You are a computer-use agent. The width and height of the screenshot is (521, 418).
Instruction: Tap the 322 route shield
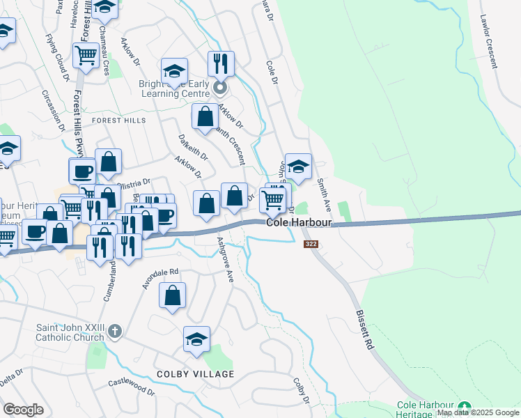[x=311, y=244]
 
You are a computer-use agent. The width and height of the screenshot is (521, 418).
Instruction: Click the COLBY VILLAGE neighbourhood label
[x=195, y=374]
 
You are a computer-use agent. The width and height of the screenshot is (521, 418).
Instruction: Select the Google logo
[x=23, y=409]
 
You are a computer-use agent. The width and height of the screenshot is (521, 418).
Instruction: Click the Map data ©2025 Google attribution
[x=478, y=413]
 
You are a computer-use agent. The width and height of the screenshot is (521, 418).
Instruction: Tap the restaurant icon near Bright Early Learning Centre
[x=221, y=64]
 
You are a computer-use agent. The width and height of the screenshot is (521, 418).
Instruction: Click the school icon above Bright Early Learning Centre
[x=174, y=71]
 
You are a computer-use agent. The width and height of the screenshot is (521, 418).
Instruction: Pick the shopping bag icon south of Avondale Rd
[x=172, y=295]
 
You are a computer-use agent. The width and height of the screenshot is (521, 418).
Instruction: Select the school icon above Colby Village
[x=197, y=339]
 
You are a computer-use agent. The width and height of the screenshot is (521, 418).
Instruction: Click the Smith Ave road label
[x=323, y=196]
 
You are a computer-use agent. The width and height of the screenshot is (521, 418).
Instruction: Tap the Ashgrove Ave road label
[x=225, y=258]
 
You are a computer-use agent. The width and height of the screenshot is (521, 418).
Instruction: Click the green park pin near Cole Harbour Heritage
[x=465, y=407]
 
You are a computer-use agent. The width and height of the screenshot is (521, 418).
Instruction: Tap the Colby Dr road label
[x=301, y=391]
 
